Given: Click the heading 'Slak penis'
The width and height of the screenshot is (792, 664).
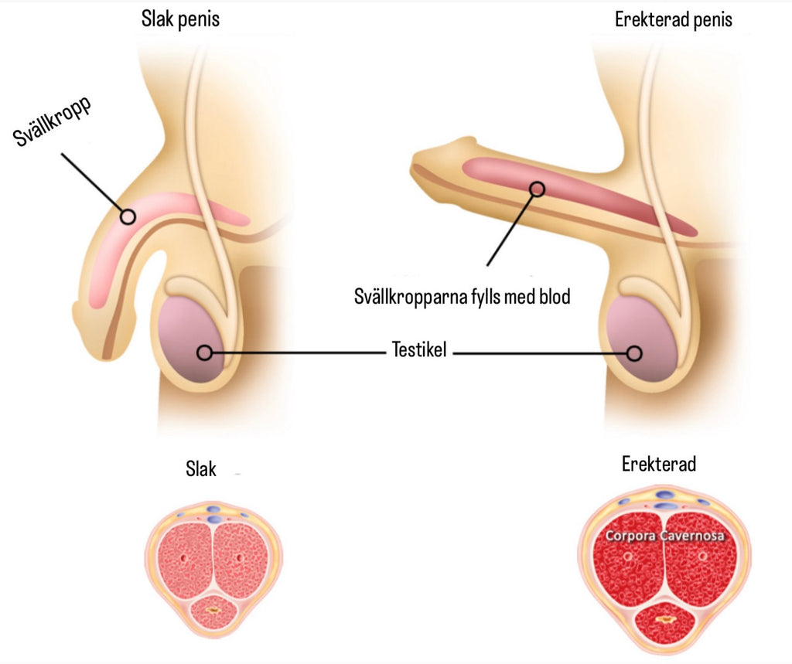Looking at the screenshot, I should tap(180, 19).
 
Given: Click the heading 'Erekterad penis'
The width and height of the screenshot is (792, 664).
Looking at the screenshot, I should tap(673, 20).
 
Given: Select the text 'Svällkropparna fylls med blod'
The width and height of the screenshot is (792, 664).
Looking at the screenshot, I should tap(462, 296).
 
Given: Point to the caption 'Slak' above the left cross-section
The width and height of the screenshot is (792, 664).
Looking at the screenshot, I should tap(201, 468).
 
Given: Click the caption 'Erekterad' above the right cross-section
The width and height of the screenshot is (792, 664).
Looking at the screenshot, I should tap(659, 464).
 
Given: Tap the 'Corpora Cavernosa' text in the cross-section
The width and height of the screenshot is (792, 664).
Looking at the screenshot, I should tap(666, 536).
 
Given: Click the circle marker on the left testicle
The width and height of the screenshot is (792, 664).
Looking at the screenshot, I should tap(204, 352).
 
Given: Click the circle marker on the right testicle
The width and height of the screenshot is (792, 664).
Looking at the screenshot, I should tap(634, 353).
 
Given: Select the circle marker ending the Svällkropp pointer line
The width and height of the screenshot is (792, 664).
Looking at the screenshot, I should tap(128, 216).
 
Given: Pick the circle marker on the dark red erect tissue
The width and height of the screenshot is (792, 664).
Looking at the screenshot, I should tap(538, 188).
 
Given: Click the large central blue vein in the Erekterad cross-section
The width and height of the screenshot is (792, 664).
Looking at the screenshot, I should tap(664, 506).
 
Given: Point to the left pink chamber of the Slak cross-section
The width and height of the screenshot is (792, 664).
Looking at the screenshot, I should tap(183, 557).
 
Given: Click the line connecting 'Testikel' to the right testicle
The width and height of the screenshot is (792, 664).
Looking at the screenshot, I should tap(541, 354).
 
